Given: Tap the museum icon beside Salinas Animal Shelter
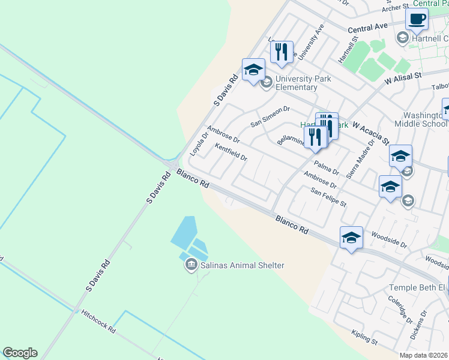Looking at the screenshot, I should (191, 264).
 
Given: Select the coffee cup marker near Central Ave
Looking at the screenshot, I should (417, 18).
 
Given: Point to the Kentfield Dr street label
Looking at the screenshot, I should (231, 153).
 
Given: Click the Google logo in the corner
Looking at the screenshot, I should (20, 353).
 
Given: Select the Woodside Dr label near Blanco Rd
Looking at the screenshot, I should (389, 241).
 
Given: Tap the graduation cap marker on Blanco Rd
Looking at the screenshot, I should (351, 237).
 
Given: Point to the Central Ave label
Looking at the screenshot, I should (367, 28).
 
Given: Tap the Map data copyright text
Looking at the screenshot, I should (424, 355).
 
